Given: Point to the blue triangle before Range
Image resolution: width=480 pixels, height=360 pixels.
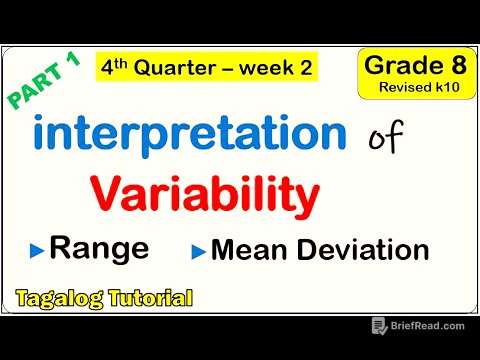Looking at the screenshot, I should click(37, 250).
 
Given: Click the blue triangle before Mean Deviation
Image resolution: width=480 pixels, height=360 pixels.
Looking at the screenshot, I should click(200, 250).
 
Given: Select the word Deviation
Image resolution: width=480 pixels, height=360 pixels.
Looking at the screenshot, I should click(359, 249).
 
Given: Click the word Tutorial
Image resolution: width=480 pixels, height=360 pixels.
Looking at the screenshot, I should click(146, 298).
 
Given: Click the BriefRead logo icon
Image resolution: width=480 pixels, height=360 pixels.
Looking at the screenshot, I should click(379, 326).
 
